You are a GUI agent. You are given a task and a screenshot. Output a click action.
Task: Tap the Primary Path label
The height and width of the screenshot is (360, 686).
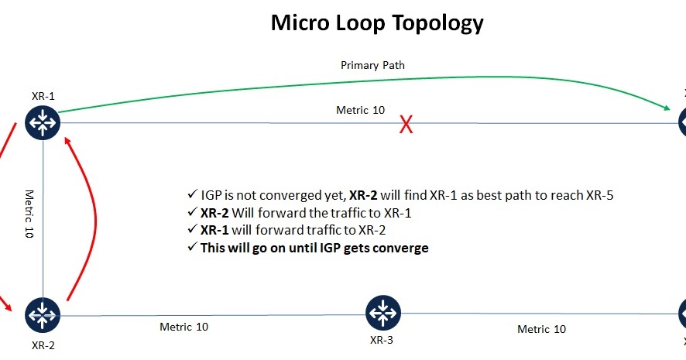pyautogui.click(x=372, y=65)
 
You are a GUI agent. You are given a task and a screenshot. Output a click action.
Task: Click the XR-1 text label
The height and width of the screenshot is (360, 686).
pyautogui.click(x=43, y=96)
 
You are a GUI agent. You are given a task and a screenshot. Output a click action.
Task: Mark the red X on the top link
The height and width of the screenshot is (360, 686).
pyautogui.click(x=405, y=125)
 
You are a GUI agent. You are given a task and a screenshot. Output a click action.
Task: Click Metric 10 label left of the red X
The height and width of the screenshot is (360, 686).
pyautogui.click(x=360, y=110)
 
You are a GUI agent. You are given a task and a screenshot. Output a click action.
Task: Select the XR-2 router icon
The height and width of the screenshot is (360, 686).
pyautogui.click(x=43, y=314)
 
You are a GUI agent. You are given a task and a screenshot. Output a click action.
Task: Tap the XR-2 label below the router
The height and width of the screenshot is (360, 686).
pyautogui.click(x=43, y=345)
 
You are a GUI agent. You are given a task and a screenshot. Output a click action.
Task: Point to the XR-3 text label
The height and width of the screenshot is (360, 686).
pyautogui.click(x=381, y=339)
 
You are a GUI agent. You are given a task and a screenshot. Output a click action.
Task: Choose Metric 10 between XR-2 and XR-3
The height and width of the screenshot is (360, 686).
pyautogui.click(x=184, y=327)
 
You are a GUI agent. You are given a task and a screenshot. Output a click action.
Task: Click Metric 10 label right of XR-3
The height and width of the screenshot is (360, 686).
pyautogui.click(x=541, y=329)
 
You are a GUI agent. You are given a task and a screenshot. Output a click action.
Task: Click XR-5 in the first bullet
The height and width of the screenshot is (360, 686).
pyautogui.click(x=598, y=195)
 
